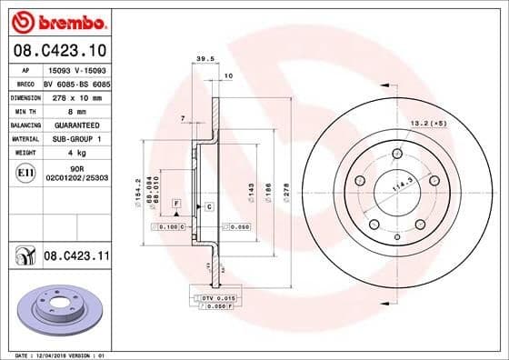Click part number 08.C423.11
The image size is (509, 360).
pos(75,258)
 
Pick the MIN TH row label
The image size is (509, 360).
pos(24,110)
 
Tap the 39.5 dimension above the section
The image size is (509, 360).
pos(205,60)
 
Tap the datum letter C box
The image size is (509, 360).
pos(209,207)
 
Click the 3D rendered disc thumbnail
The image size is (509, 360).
pos(64,307)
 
